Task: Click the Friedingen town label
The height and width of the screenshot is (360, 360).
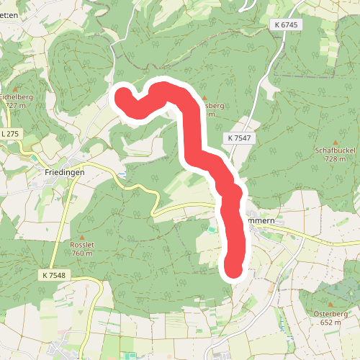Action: click(x=64, y=172)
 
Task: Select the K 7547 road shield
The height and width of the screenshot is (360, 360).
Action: click(x=240, y=138)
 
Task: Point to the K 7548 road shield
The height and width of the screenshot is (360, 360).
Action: click(x=54, y=275)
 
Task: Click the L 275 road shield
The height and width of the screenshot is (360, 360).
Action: click(x=10, y=134)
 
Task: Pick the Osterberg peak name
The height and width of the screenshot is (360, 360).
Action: click(x=331, y=314)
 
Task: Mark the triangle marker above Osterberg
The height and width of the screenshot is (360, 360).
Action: click(x=331, y=305)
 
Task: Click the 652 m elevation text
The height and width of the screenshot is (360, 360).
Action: click(x=331, y=323)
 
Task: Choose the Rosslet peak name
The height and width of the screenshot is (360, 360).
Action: click(x=82, y=245)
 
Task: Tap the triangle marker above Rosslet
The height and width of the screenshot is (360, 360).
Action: click(x=82, y=236)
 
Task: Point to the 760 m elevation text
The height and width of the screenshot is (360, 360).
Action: click(x=82, y=253)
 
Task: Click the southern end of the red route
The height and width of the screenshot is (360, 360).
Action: click(x=234, y=268)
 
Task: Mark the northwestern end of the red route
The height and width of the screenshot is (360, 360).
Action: click(x=122, y=95)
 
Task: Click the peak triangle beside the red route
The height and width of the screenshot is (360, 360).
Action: click(x=205, y=97)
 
